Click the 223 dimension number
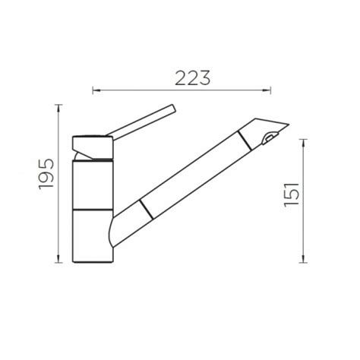pos(192,78)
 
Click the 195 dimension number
pos(46,174)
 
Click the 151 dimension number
pos(292,194)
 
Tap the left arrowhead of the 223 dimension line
pos(96,90)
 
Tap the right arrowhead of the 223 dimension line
pos(267,90)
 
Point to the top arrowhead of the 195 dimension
pos(58,109)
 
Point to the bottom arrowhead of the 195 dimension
pos(58,259)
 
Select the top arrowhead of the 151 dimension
pos(303,144)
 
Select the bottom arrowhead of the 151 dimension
pos(303,259)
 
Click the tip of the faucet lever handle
pos(174,108)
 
